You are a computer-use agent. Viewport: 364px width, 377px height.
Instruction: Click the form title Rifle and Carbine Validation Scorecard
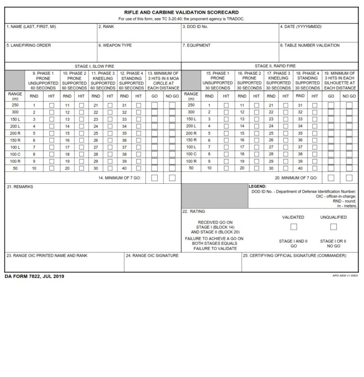point(182,12)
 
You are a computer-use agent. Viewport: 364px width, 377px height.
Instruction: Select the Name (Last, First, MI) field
point(51,34)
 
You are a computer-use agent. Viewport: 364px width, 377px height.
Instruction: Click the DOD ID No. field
point(229,34)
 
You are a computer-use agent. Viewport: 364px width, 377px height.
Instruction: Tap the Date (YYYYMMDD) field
point(318,34)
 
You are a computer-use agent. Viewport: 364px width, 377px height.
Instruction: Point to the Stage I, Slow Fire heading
point(94,66)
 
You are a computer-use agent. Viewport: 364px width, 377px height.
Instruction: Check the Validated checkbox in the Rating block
point(293,227)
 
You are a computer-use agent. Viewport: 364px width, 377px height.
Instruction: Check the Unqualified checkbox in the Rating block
point(333,227)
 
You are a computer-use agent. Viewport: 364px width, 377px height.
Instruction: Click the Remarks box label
point(17,187)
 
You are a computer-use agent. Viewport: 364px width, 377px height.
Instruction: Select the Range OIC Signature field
point(182,263)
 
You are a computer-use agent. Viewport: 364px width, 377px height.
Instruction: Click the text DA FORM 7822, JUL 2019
point(34,276)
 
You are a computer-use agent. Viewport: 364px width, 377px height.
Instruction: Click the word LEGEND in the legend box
point(258,186)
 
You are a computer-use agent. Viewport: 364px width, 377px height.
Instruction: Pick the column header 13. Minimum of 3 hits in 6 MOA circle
point(164,81)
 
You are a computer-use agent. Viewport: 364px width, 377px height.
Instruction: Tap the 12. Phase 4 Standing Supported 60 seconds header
point(131,81)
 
